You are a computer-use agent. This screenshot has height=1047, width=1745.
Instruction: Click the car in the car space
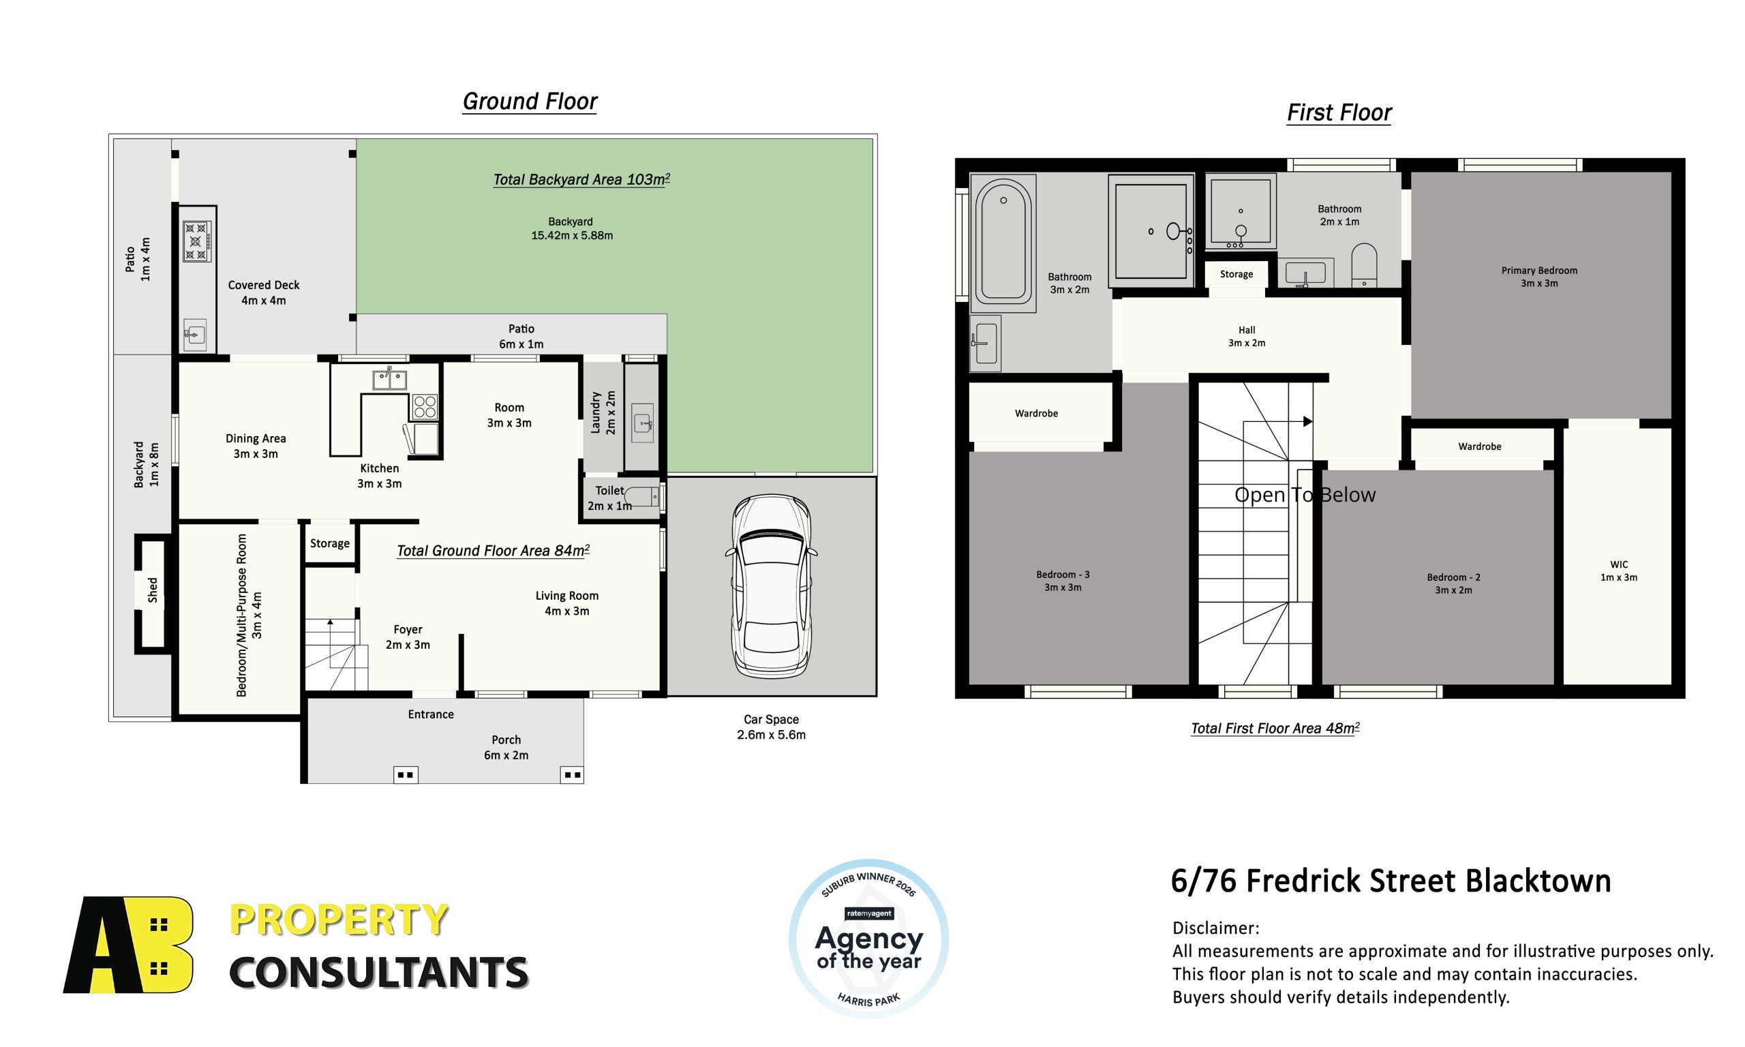(771, 586)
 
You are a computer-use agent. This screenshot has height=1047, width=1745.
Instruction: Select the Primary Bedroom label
(1539, 277)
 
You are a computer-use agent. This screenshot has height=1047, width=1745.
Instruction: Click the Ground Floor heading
(530, 102)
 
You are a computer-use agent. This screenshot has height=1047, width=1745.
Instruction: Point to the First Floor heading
(1339, 113)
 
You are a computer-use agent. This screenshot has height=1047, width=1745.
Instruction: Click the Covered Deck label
(264, 293)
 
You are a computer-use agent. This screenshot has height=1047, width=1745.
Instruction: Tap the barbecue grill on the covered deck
(197, 241)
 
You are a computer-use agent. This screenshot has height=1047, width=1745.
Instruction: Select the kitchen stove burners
(425, 407)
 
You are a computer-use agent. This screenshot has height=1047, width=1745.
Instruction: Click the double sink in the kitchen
(389, 380)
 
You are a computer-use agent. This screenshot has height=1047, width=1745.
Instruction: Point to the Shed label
(153, 590)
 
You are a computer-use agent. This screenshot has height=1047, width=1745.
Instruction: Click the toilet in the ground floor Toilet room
(641, 497)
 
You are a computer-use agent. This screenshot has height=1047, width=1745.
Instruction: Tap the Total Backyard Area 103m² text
(581, 179)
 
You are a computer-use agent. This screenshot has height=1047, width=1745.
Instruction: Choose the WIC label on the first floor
(1619, 571)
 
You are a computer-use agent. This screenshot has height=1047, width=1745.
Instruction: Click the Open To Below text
(1305, 495)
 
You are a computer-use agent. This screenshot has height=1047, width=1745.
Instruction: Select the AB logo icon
(128, 945)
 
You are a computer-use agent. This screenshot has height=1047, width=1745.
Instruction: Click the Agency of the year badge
(868, 939)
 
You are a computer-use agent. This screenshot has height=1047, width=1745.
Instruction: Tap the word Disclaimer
(1215, 928)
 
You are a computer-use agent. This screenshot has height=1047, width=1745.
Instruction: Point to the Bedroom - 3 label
(1062, 581)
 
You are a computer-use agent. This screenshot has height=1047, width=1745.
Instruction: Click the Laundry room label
(603, 412)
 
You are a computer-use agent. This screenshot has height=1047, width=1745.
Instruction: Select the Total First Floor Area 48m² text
(1275, 728)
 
